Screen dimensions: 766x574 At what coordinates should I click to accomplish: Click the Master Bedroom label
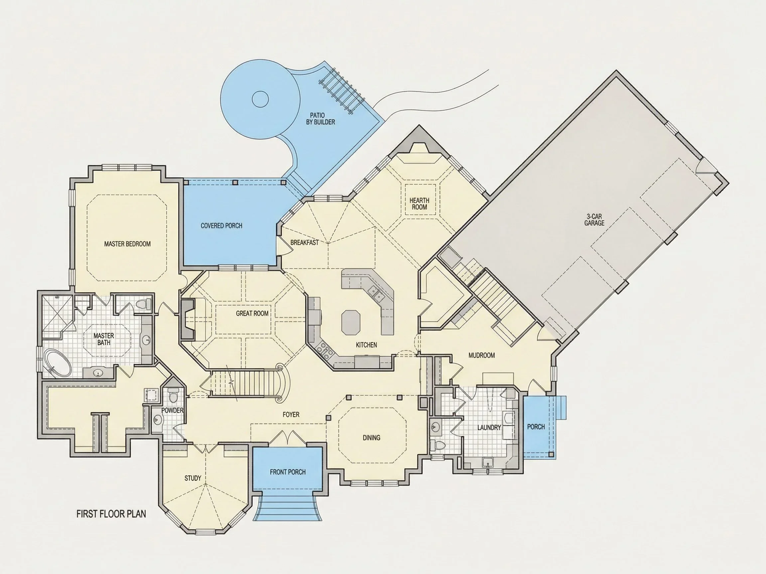(x=127, y=244)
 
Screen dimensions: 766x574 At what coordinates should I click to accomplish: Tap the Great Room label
(x=252, y=314)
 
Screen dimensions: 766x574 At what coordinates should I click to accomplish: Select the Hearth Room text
(x=419, y=204)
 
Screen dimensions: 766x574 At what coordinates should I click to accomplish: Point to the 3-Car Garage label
(x=594, y=220)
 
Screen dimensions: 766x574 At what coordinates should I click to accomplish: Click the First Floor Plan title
(x=111, y=514)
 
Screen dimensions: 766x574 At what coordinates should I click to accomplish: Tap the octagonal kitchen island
(x=351, y=322)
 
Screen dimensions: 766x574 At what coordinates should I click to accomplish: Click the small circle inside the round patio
(x=260, y=100)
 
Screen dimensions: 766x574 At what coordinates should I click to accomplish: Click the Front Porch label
(x=288, y=472)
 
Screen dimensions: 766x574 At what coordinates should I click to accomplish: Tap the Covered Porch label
(x=222, y=226)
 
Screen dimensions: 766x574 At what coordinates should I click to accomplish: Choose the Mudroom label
(x=482, y=355)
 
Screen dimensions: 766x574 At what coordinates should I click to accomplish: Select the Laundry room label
(x=489, y=428)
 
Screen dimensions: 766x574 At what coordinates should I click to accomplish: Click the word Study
(x=193, y=478)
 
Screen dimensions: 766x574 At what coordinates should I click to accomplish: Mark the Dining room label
(x=372, y=438)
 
